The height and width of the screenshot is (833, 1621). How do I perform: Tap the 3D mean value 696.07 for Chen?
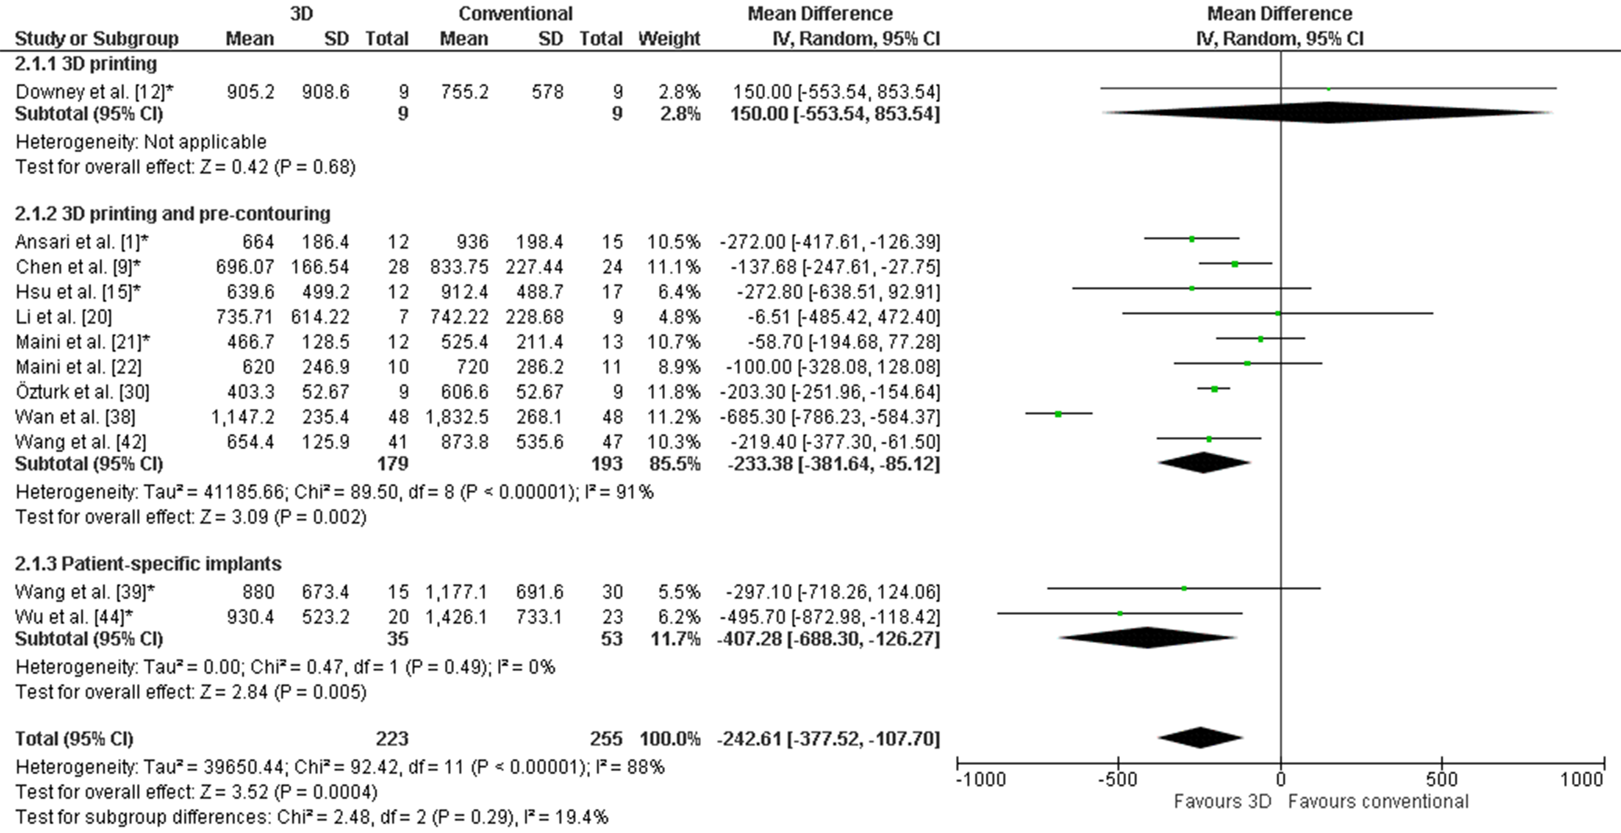pos(245,267)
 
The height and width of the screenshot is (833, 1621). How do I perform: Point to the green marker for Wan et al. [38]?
pos(1059,414)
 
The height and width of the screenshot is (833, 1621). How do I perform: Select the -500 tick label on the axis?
pos(1118,780)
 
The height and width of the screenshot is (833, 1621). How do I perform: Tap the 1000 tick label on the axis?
pos(1581,780)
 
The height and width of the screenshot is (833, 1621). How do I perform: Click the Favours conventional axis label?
pos(1378,801)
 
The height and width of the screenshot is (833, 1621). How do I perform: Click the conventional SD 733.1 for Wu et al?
pos(539,616)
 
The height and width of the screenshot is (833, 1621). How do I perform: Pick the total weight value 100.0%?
pos(669,738)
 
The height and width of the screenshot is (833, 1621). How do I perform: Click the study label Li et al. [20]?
pos(63,316)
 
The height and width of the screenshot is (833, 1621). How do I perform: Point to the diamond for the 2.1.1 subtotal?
pos(1328,113)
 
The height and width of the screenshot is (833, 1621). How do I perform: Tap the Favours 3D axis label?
pos(1222,801)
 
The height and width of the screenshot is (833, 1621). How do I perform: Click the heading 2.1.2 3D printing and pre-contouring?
pos(173,214)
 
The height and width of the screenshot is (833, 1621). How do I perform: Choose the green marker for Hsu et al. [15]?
pos(1192,288)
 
